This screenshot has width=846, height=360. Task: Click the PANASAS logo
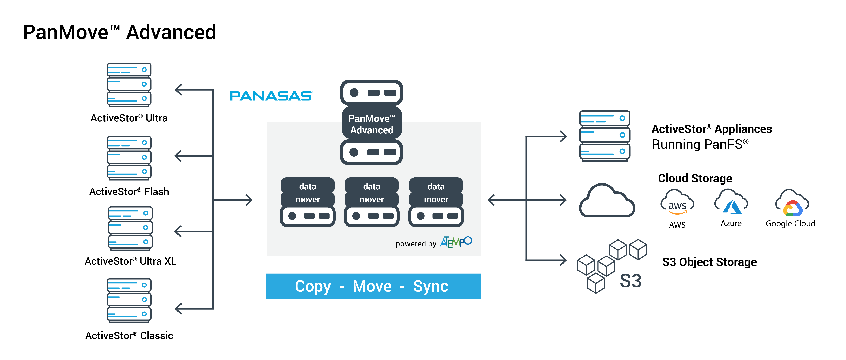coord(271,96)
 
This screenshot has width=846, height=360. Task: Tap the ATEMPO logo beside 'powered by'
coord(456,242)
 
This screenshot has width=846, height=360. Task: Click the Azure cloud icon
coord(731,201)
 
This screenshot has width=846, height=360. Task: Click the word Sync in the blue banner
coord(430,286)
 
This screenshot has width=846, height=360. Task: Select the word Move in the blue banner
coord(372,286)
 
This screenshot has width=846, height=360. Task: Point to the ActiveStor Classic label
coord(129,335)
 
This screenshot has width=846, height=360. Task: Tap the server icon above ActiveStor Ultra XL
coord(130,228)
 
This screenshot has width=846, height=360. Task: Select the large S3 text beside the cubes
coord(630,281)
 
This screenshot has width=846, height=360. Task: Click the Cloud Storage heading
coord(695,178)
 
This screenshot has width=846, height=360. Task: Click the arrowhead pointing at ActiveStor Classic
coord(178,309)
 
